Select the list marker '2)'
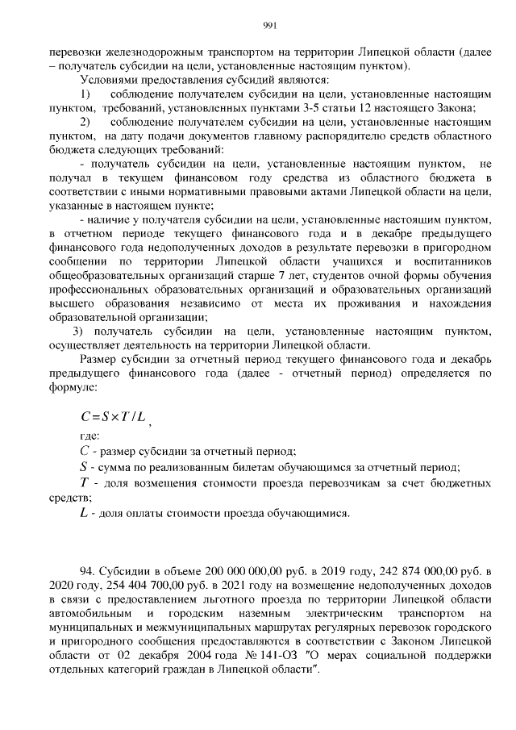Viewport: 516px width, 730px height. (x=85, y=122)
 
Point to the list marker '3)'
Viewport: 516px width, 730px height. (x=78, y=332)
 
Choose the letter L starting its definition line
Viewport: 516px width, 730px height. (x=84, y=512)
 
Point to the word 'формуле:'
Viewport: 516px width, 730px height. (x=72, y=386)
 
